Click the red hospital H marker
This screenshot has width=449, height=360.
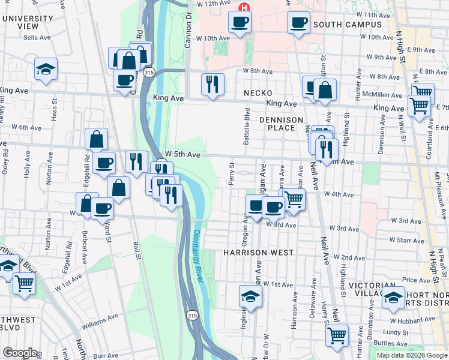[x=244, y=8]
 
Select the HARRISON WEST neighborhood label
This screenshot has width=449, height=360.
[x=258, y=253]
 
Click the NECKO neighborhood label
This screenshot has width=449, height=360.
[x=258, y=93]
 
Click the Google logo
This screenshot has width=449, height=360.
[x=20, y=353]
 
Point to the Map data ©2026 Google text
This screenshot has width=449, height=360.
[x=412, y=355]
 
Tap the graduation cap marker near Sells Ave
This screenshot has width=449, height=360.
[x=46, y=69]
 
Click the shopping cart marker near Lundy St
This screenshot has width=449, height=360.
[x=337, y=335]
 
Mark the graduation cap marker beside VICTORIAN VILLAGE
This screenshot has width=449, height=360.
[x=393, y=297]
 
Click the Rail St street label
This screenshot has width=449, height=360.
[x=137, y=251]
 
